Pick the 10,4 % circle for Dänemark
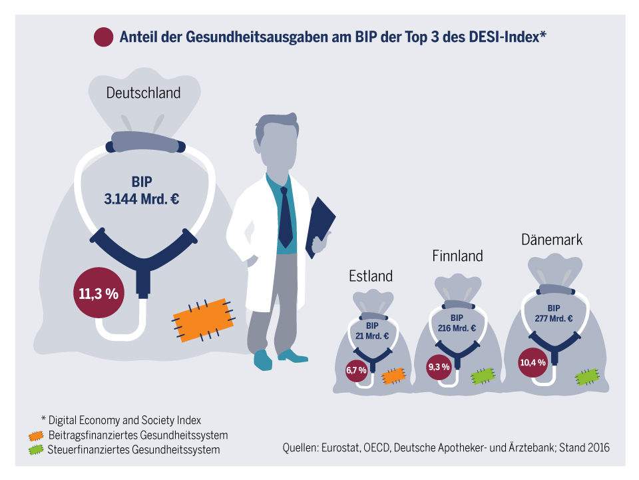pyautogui.click(x=532, y=362)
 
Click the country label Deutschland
pyautogui.click(x=143, y=93)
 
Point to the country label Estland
pyautogui.click(x=371, y=276)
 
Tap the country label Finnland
pyautogui.click(x=457, y=256)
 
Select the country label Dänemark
pyautogui.click(x=552, y=240)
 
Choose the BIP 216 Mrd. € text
pyautogui.click(x=457, y=323)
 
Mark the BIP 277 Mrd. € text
pyautogui.click(x=554, y=314)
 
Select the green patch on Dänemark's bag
pyautogui.click(x=586, y=377)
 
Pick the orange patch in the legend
pyautogui.click(x=37, y=435)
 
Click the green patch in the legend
pyautogui.click(x=37, y=450)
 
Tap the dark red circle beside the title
pyautogui.click(x=104, y=37)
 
